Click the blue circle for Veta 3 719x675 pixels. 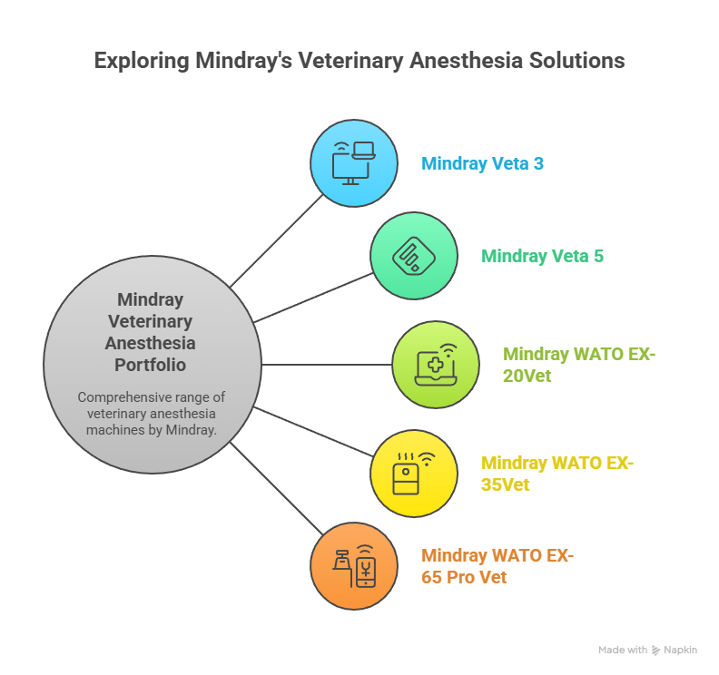(353, 163)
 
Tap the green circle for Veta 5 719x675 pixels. (414, 256)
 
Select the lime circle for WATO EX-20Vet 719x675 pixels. (436, 365)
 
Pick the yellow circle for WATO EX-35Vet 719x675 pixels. (414, 474)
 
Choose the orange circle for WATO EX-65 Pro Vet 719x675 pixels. (353, 566)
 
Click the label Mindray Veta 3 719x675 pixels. (482, 163)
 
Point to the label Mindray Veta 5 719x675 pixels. (543, 256)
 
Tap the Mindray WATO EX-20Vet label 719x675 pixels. (579, 365)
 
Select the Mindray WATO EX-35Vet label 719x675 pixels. (557, 474)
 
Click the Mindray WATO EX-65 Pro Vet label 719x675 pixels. (497, 566)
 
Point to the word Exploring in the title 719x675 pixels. (142, 62)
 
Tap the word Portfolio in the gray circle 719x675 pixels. (151, 366)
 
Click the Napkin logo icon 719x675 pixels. (655, 651)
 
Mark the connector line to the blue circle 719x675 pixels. (277, 241)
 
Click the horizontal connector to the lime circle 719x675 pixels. (327, 365)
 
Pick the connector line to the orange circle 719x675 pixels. (277, 488)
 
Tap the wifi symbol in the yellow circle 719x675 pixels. (427, 459)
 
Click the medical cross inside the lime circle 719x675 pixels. (435, 366)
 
